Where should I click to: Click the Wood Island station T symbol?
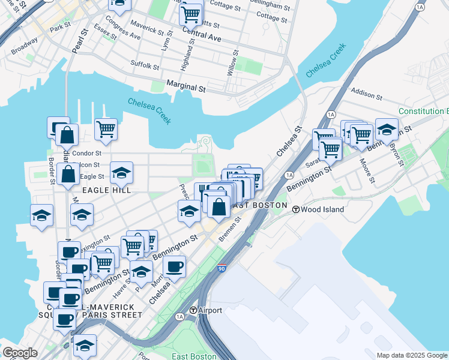(x=296, y=209)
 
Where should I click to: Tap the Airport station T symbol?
(x=193, y=310)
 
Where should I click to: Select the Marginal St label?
(x=186, y=88)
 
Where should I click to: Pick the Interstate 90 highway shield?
(x=222, y=268)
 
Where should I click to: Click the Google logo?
(x=20, y=353)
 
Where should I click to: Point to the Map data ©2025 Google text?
(x=412, y=355)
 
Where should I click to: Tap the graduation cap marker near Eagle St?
(x=121, y=173)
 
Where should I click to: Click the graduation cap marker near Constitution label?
(x=387, y=128)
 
